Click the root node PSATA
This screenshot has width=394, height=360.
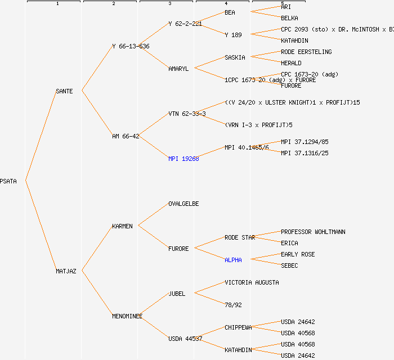(x=8, y=181)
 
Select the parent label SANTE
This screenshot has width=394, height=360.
(x=64, y=91)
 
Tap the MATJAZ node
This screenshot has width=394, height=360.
(x=66, y=271)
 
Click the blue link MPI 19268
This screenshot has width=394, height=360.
(x=183, y=159)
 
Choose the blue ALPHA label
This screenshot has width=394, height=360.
(x=233, y=260)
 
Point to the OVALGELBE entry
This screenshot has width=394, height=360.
(x=183, y=204)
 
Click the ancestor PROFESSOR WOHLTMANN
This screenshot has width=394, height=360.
(x=313, y=232)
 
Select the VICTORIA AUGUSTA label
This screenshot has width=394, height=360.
(x=252, y=282)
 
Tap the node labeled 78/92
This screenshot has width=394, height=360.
(x=233, y=305)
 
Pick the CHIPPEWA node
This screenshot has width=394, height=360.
(x=238, y=327)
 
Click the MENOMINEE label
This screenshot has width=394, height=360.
(x=127, y=316)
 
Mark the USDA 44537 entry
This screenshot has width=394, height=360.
(x=185, y=339)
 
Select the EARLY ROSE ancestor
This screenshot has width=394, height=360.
(x=298, y=254)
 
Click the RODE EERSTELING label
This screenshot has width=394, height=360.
(x=306, y=52)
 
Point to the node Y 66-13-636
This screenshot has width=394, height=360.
(x=131, y=46)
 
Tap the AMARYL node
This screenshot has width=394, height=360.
(x=178, y=69)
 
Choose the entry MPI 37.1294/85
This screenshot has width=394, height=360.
(x=305, y=142)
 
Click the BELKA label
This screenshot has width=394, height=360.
(x=289, y=18)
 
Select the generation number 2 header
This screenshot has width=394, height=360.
(x=113, y=4)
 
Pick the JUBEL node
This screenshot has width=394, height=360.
(x=177, y=294)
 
